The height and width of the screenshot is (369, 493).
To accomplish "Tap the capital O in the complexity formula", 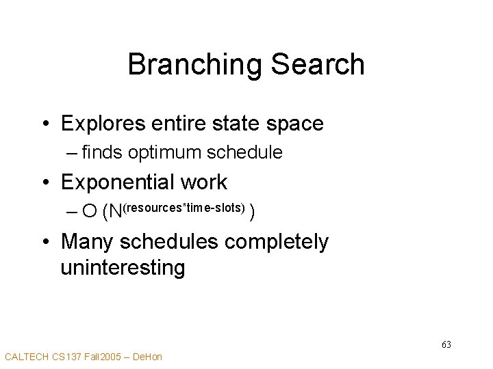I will pos(89,213).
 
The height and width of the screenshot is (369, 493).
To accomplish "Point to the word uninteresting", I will pos(123,267).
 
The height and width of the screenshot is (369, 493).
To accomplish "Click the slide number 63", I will pos(446,344).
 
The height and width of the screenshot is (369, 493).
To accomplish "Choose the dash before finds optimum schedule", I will pos(72,152).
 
